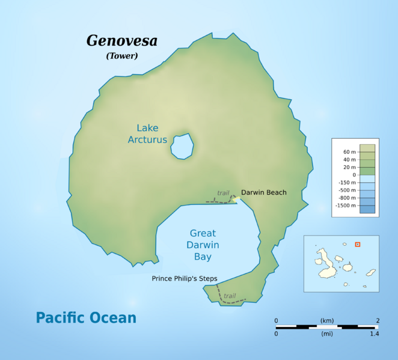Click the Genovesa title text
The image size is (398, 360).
pos(122,41)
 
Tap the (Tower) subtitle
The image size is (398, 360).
pos(122,56)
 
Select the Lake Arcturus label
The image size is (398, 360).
pos(147,133)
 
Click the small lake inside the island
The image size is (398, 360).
pos(182,145)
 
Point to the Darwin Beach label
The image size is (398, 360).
pos(263,192)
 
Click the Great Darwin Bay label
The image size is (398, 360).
pos(203,245)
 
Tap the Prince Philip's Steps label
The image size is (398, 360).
pos(184,278)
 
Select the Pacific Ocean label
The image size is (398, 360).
pos(86,317)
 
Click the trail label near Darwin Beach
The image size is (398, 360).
pos(223,193)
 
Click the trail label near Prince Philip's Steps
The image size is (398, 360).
pos(230,296)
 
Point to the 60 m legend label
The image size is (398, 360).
pos(349,151)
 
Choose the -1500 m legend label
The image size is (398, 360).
pos(346,206)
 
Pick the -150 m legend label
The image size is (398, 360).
pos(347,182)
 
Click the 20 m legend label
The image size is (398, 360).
pos(349,167)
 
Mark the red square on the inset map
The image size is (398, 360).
pos(357,244)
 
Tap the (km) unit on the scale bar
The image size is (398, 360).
pos(326,320)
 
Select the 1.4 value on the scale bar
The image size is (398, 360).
pos(374,333)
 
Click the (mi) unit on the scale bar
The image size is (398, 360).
pos(326,333)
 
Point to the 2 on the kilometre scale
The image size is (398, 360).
pos(377,320)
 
